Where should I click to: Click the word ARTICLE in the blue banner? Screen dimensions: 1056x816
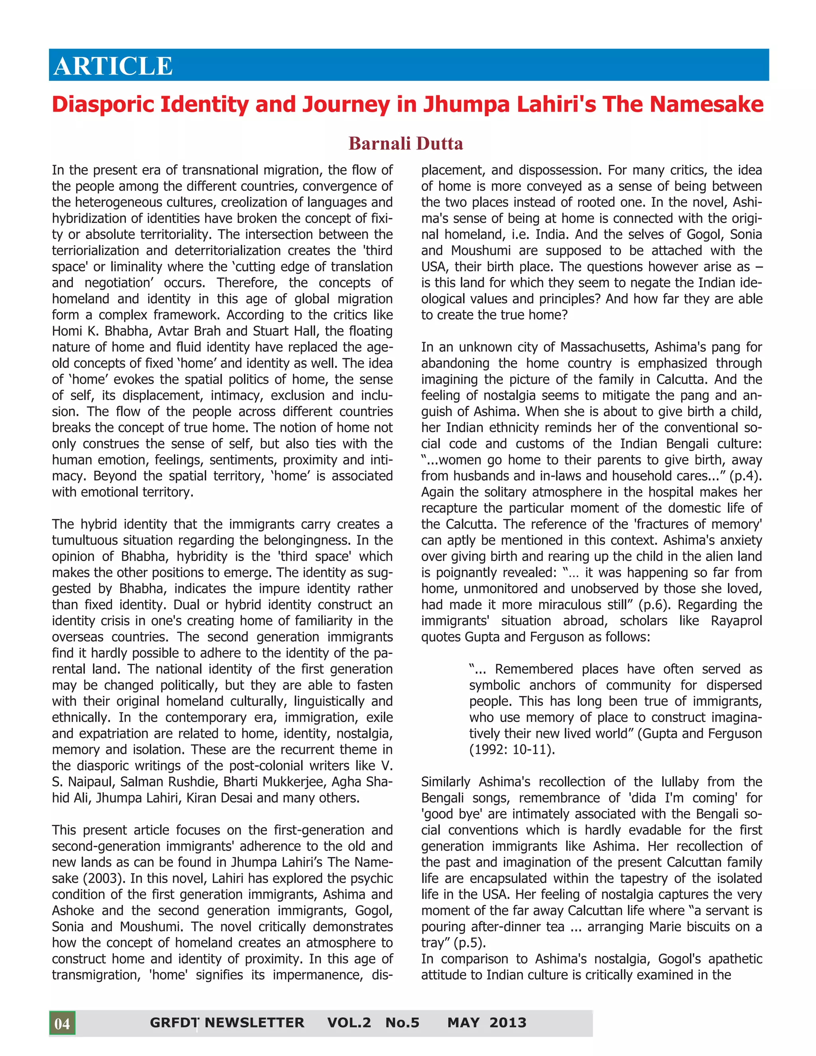tap(113, 66)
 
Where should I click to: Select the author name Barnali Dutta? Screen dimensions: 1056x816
tap(406, 143)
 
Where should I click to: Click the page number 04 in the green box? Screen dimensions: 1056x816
tap(62, 1023)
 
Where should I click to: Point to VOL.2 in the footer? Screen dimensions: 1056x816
tap(349, 1023)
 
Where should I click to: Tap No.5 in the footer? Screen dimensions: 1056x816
tap(402, 1023)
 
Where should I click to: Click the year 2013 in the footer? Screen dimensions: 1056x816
tap(508, 1023)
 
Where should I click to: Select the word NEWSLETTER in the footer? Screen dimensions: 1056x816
tap(254, 1023)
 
